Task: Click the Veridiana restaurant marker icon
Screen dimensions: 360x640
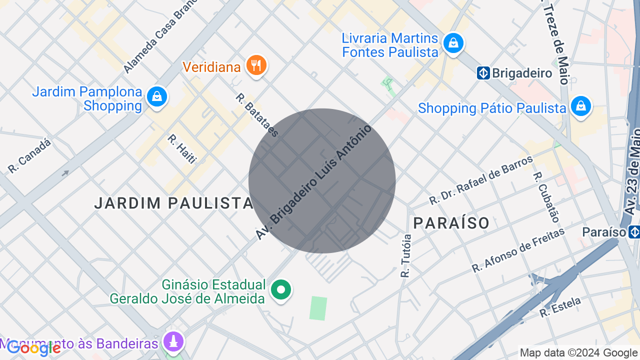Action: pyautogui.click(x=256, y=65)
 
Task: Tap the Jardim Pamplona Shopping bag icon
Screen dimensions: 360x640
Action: pyautogui.click(x=157, y=96)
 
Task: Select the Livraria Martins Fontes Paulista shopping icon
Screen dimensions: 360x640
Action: pyautogui.click(x=453, y=43)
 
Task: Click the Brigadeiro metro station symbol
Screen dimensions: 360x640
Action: pyautogui.click(x=483, y=73)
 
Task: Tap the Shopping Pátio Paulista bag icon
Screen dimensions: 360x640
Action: pyautogui.click(x=581, y=106)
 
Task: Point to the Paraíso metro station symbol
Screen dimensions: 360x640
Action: pyautogui.click(x=634, y=232)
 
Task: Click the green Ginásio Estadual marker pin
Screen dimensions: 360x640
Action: pyautogui.click(x=281, y=289)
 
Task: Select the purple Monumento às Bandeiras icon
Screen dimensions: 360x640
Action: pyautogui.click(x=174, y=342)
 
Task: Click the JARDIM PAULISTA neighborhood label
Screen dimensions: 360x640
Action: pyautogui.click(x=174, y=203)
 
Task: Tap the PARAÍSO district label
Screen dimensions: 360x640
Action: pyautogui.click(x=451, y=223)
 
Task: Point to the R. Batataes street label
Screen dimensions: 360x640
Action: pyautogui.click(x=257, y=115)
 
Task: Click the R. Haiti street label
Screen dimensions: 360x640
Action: pyautogui.click(x=182, y=148)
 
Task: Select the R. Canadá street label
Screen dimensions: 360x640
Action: pyautogui.click(x=29, y=156)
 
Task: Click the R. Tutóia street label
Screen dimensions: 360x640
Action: pyautogui.click(x=406, y=256)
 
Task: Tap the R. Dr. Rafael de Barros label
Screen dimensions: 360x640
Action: pyautogui.click(x=481, y=180)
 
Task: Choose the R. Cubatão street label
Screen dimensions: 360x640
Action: pyautogui.click(x=546, y=197)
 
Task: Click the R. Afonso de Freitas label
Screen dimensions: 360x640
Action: pyautogui.click(x=518, y=250)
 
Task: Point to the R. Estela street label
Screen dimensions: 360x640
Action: pyautogui.click(x=560, y=307)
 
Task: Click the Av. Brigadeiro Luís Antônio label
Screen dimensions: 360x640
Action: pyautogui.click(x=314, y=182)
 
